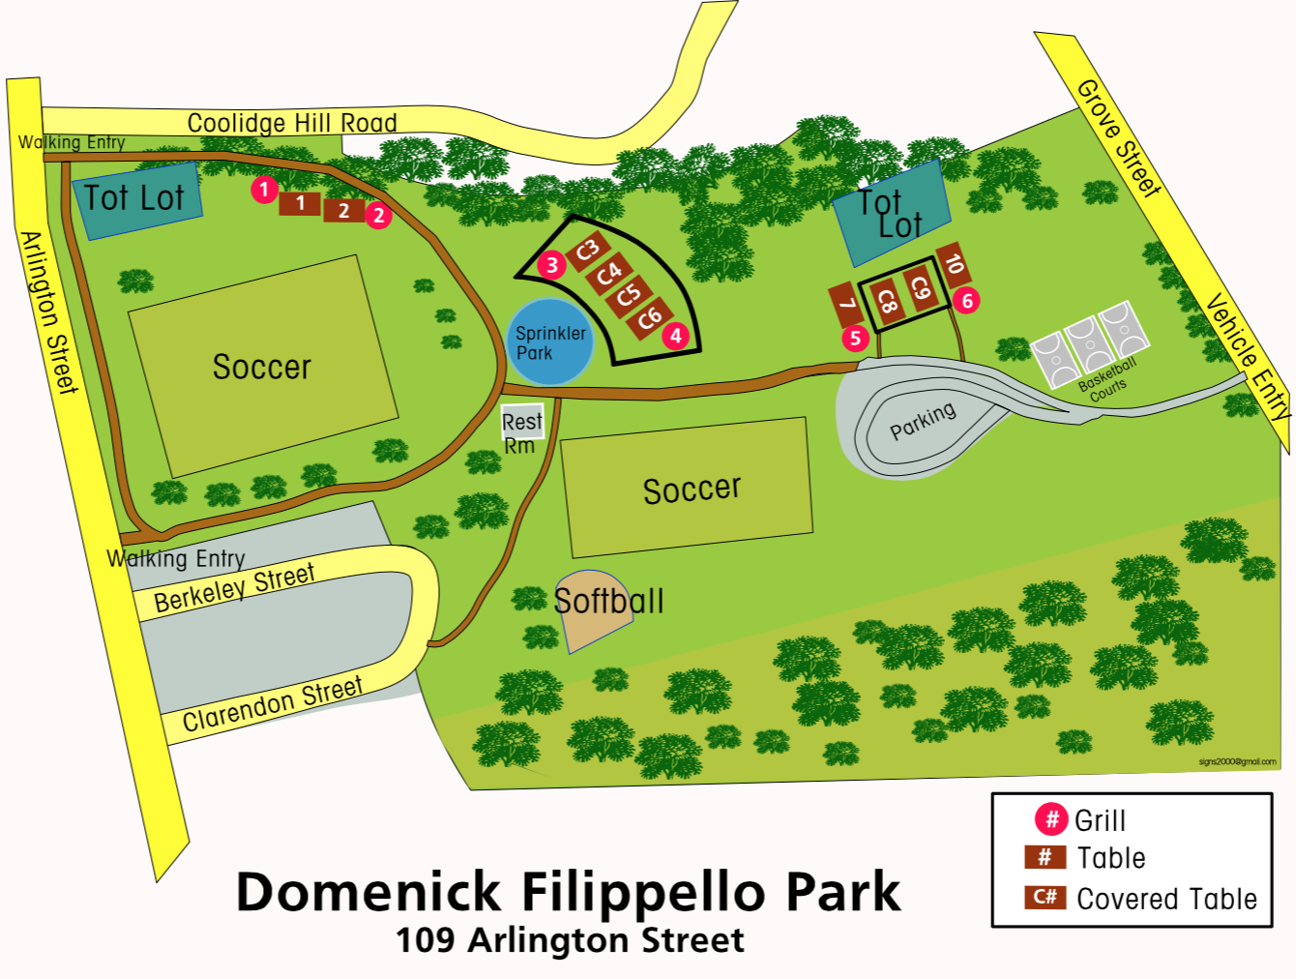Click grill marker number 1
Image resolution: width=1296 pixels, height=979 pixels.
click(264, 190)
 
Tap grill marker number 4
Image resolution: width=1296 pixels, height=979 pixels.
click(676, 336)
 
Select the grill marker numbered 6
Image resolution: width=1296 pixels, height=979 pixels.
click(966, 301)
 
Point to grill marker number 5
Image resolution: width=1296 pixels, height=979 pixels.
click(855, 338)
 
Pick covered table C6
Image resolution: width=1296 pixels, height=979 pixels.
click(649, 317)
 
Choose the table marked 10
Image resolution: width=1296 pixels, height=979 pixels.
click(954, 264)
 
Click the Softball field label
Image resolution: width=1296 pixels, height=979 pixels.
click(608, 601)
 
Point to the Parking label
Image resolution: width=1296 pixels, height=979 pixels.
click(923, 421)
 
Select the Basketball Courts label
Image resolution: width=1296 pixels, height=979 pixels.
click(1107, 378)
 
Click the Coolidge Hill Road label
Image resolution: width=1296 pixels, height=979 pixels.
click(292, 123)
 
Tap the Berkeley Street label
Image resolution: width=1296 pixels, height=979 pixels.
click(234, 587)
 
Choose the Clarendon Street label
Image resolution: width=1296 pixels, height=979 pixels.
click(273, 704)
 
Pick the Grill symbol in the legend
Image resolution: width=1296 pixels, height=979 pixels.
click(1050, 819)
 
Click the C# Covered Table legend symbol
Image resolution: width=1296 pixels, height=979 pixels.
click(1045, 897)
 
